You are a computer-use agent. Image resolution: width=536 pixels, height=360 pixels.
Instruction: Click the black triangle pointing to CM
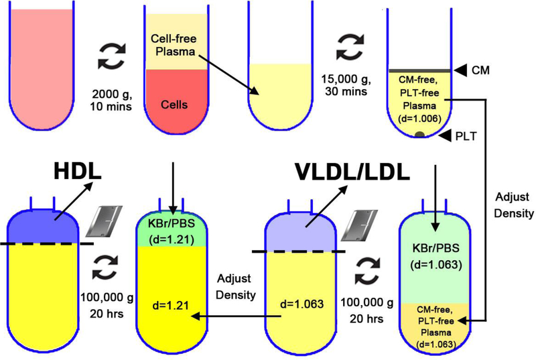click(x=462, y=70)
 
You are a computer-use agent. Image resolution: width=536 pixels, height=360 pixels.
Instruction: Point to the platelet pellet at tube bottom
click(x=420, y=135)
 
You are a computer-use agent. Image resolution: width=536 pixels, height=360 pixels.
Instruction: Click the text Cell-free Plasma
click(x=177, y=49)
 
